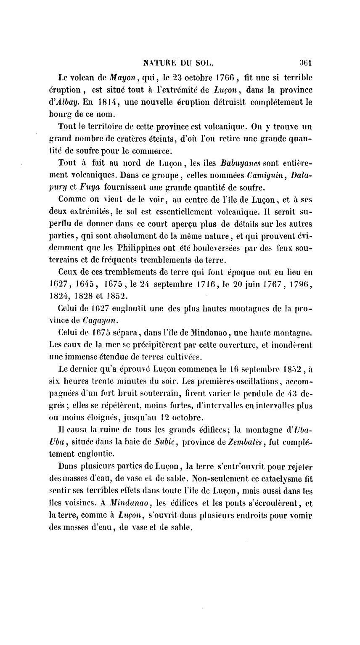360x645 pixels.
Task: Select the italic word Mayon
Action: (111, 78)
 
